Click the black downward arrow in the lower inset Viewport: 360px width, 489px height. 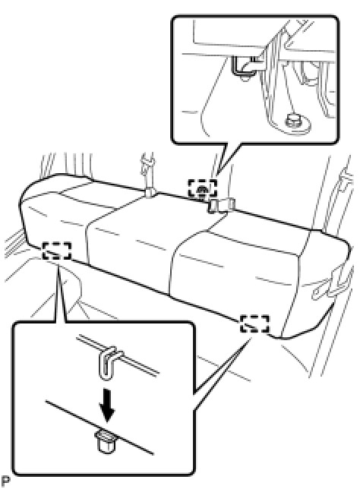107,405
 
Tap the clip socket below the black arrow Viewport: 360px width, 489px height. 105,442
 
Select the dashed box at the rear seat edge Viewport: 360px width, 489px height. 202,188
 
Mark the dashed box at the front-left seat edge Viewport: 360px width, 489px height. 57,251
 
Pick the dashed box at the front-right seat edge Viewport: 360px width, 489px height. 254,323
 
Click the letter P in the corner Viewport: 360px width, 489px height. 5,480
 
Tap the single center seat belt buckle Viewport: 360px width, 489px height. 150,192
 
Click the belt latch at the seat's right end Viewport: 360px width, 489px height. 332,284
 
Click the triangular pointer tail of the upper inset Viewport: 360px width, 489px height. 226,157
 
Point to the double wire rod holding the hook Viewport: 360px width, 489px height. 118,355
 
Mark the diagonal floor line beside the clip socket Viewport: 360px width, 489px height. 99,427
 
